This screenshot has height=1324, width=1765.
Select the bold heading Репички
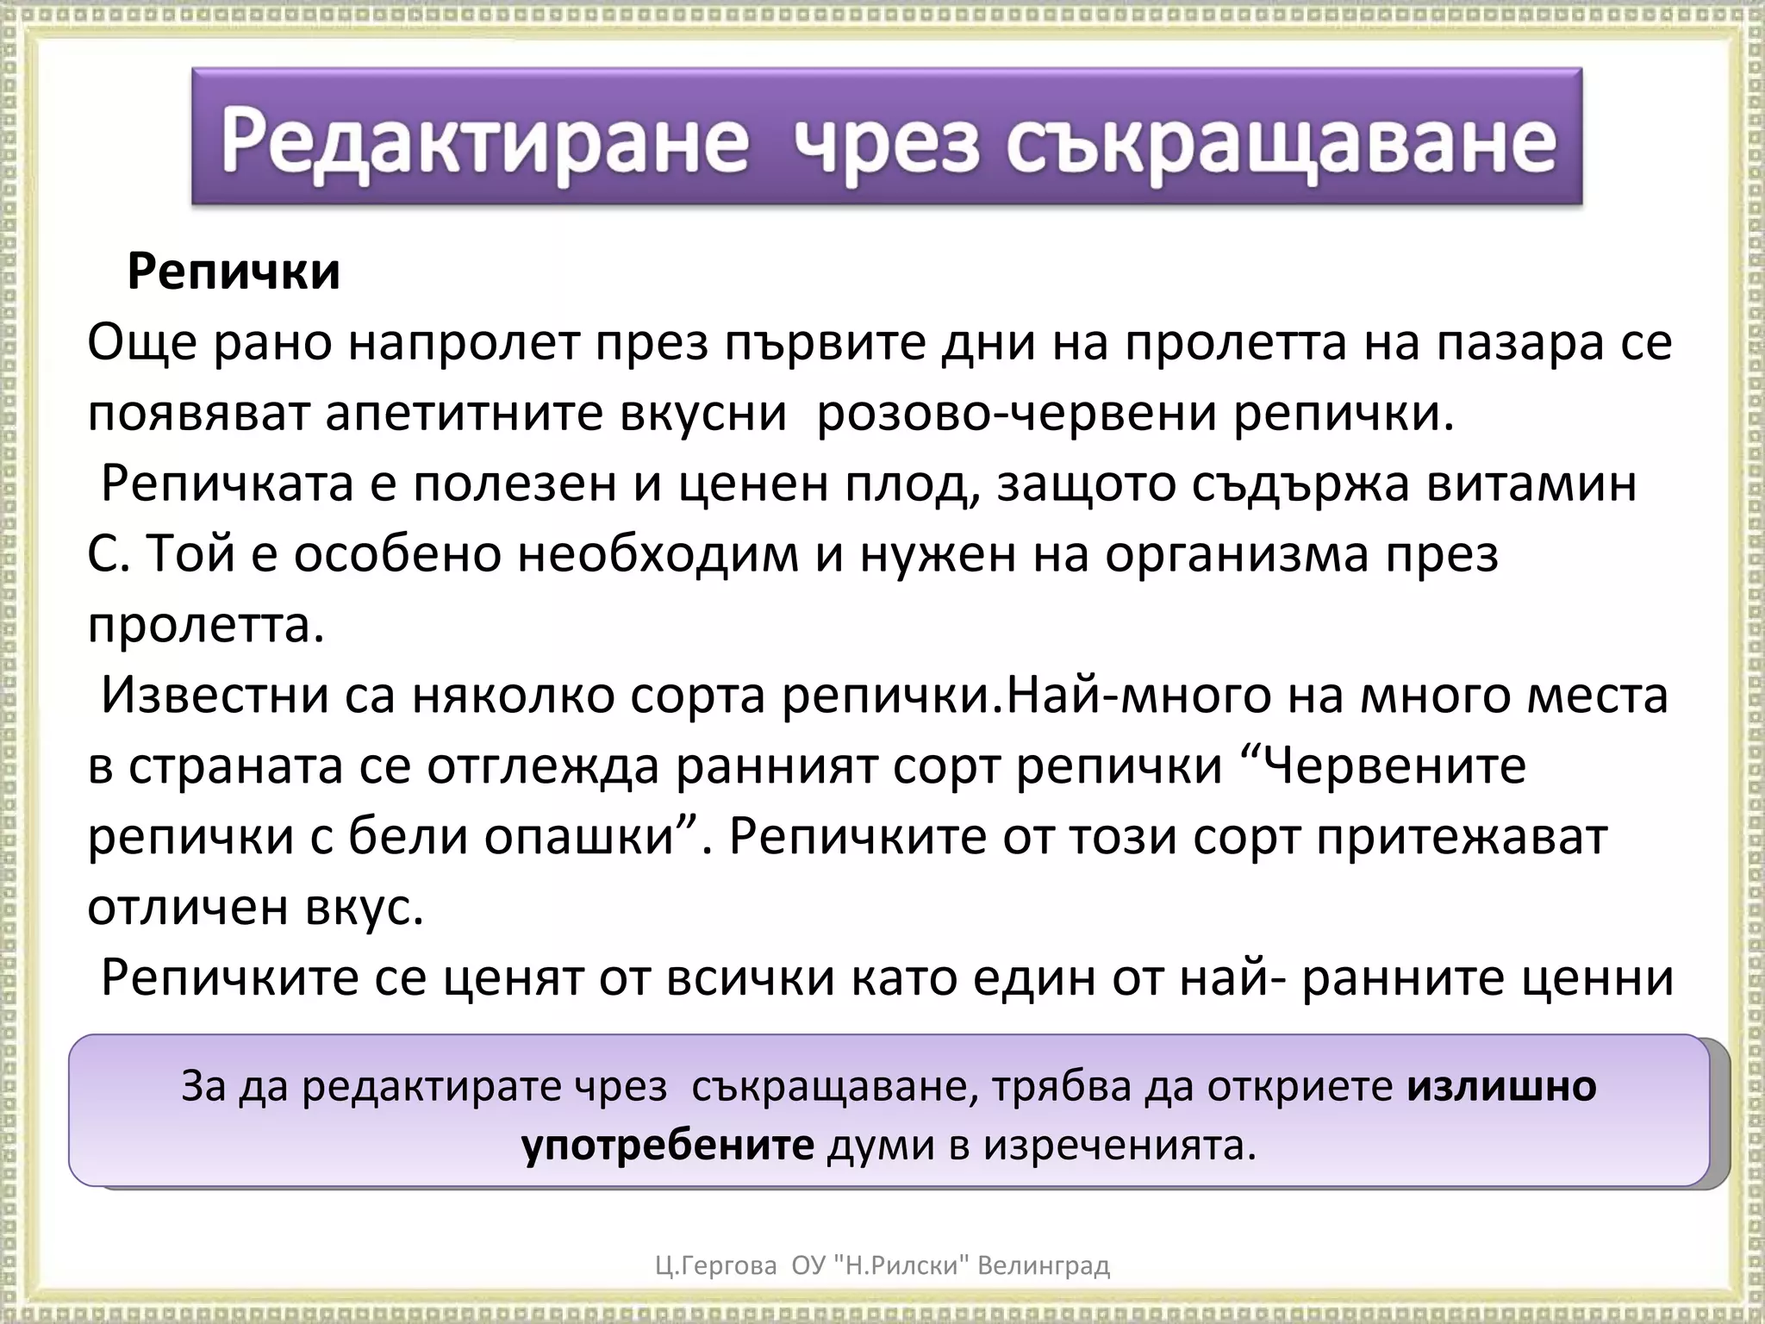[234, 272]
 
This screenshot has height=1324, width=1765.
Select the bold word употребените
[668, 1146]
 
